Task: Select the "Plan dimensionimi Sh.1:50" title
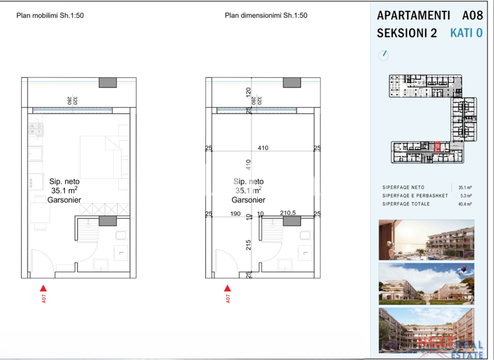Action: [266, 16]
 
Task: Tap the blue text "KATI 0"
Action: [466, 33]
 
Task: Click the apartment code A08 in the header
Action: [471, 15]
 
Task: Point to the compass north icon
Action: [384, 55]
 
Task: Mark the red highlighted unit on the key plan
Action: [437, 147]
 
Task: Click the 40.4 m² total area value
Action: [464, 204]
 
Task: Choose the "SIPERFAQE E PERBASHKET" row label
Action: [412, 195]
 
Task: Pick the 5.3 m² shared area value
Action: [466, 195]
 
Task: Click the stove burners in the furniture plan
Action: [35, 130]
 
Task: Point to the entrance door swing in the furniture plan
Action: [45, 264]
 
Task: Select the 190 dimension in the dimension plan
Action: [235, 213]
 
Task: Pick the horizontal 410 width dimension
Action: [262, 148]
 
